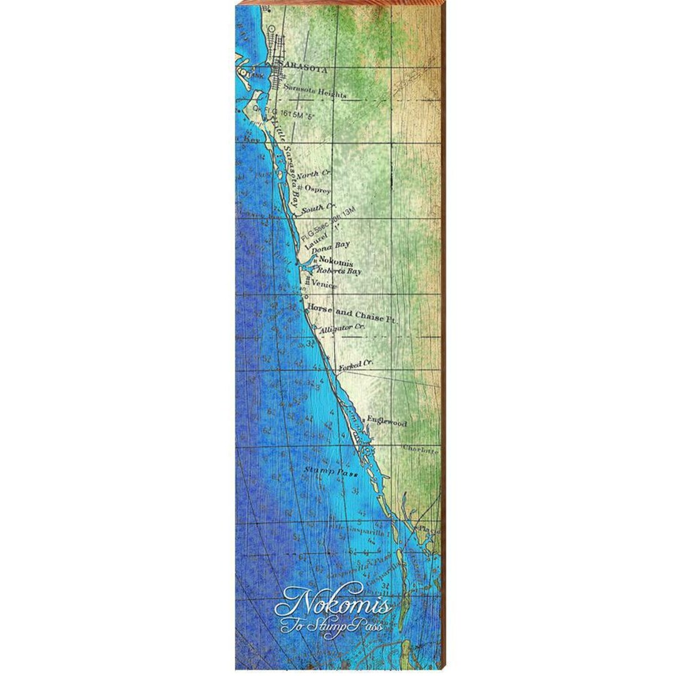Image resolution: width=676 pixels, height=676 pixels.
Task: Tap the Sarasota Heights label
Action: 314,91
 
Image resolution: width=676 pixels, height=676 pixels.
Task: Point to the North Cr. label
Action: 314,175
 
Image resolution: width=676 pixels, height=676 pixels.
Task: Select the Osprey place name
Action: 317,190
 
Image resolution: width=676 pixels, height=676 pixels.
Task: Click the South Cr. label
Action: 319,207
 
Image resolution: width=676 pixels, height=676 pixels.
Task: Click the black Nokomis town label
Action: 335,262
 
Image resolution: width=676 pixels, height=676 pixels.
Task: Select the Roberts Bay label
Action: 339,272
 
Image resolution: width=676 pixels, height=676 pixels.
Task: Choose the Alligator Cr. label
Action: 341,328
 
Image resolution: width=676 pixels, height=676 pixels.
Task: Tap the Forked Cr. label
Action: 356,365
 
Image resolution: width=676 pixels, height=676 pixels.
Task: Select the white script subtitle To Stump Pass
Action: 331,625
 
